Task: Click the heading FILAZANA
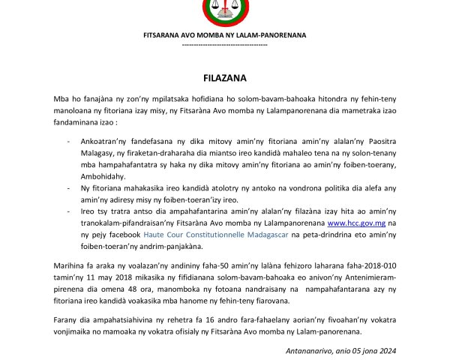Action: pyautogui.click(x=225, y=77)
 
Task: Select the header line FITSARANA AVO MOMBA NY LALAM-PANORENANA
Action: pyautogui.click(x=225, y=35)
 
